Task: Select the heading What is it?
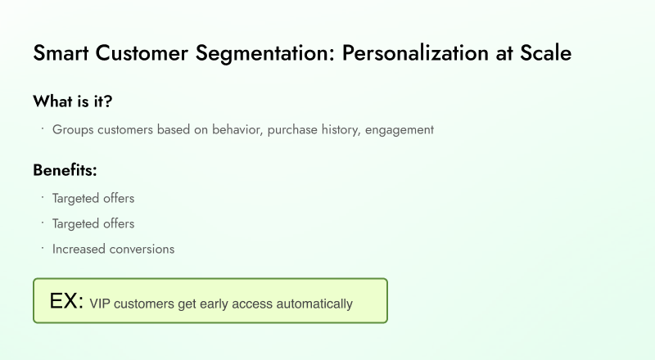point(73,101)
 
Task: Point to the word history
point(341,129)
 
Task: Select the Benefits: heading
point(65,170)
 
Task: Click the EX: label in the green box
point(66,301)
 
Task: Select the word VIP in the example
point(100,304)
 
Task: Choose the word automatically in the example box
point(314,304)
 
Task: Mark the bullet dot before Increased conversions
point(41,246)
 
